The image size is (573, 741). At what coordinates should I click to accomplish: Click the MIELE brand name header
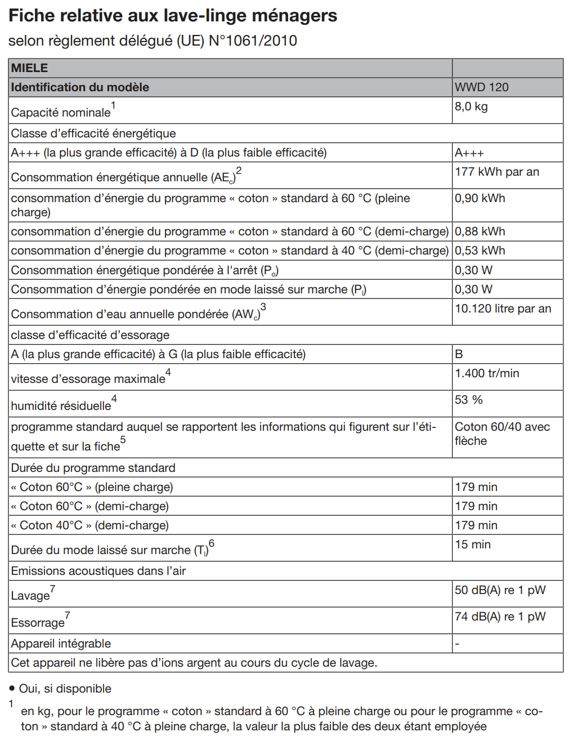pyautogui.click(x=30, y=68)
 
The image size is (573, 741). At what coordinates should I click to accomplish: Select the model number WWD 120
pyautogui.click(x=481, y=87)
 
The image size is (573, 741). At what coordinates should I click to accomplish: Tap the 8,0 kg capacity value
pyautogui.click(x=471, y=106)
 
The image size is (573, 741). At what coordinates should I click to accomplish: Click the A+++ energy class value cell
pyautogui.click(x=469, y=153)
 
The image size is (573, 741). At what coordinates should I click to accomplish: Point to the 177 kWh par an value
pyautogui.click(x=496, y=172)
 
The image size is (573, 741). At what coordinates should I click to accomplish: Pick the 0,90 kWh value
pyautogui.click(x=480, y=198)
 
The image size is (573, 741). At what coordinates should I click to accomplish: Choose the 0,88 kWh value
pyautogui.click(x=480, y=231)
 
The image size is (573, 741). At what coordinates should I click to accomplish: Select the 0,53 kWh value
pyautogui.click(x=480, y=251)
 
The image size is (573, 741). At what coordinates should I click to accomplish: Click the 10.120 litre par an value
pyautogui.click(x=503, y=309)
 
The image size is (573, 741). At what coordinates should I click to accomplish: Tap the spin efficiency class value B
pyautogui.click(x=459, y=354)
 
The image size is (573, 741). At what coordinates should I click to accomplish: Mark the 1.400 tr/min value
pyautogui.click(x=487, y=373)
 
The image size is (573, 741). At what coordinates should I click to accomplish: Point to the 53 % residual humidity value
pyautogui.click(x=469, y=400)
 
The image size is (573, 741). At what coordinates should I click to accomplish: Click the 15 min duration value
pyautogui.click(x=473, y=544)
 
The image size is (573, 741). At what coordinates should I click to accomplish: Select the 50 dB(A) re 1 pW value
pyautogui.click(x=500, y=590)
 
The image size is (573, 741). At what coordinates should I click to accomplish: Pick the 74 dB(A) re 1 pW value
pyautogui.click(x=500, y=617)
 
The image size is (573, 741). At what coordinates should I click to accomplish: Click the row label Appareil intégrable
pyautogui.click(x=61, y=644)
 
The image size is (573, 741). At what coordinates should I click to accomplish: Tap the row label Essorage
pyautogui.click(x=38, y=623)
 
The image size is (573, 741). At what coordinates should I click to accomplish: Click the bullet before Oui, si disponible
pyautogui.click(x=12, y=688)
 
